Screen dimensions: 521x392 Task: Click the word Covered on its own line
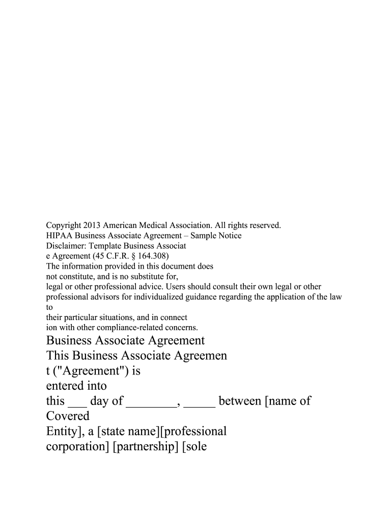pyautogui.click(x=68, y=416)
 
